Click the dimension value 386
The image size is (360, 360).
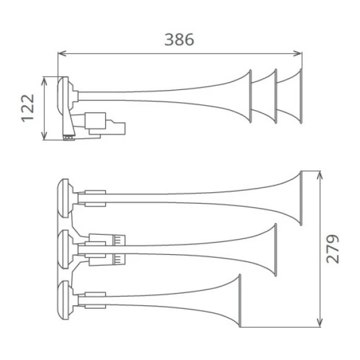click(179, 40)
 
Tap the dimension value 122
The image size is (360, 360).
click(28, 108)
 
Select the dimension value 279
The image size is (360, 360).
click(333, 249)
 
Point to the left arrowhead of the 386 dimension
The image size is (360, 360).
click(62, 54)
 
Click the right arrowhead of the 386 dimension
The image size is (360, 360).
click(298, 54)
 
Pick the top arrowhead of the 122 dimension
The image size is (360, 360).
click(44, 81)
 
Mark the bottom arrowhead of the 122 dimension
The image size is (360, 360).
click(44, 136)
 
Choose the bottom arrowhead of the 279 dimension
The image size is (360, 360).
click(320, 322)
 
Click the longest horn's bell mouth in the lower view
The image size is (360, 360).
click(301, 198)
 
